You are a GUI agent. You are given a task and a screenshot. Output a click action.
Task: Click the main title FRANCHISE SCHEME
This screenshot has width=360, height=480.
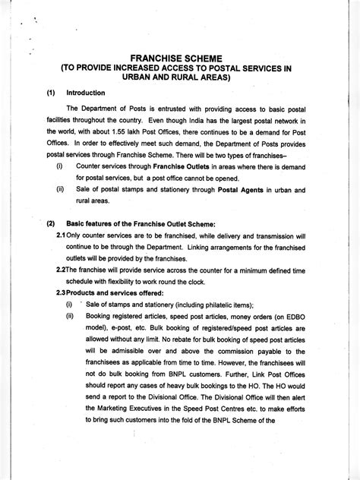tap(181, 57)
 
